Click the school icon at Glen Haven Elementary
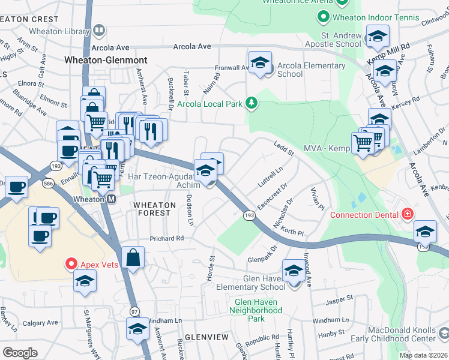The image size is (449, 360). pyautogui.click(x=294, y=271)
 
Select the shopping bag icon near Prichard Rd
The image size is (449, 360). pyautogui.click(x=133, y=258)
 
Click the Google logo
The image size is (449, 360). pyautogui.click(x=20, y=353)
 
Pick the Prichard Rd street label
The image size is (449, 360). pyautogui.click(x=166, y=239)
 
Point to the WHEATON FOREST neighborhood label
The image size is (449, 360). pyautogui.click(x=155, y=209)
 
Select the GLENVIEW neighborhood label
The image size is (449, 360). pyautogui.click(x=206, y=338)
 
